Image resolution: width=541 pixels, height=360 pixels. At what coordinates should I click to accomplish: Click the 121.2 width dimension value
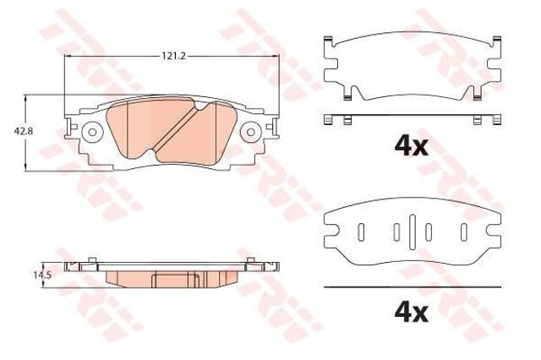point(174,56)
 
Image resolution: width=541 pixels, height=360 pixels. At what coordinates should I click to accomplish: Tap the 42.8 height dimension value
point(24,131)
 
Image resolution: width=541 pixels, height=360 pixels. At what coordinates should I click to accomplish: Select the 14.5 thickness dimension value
point(42,275)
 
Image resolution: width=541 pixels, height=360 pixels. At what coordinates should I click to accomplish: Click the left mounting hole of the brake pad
point(92,132)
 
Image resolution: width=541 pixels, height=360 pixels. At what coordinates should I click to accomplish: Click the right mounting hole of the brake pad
point(251,132)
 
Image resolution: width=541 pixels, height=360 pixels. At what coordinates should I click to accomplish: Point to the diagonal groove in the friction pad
point(174,128)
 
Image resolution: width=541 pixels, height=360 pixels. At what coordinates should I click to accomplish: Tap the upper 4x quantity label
point(412,147)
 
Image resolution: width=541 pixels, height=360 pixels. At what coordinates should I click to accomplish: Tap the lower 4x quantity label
point(412,313)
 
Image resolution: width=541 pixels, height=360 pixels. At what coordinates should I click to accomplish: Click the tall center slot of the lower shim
point(413,232)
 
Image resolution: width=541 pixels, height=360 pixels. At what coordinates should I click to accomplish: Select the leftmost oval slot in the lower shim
point(361,232)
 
